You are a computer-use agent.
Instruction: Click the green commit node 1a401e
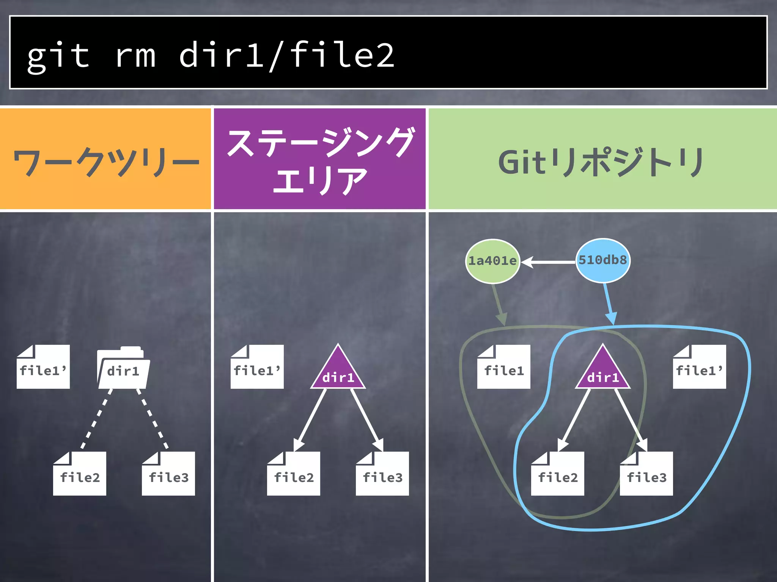492,261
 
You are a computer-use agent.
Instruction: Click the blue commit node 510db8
603,260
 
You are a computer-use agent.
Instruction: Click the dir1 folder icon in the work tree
123,368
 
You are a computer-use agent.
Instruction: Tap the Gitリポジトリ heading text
601,162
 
